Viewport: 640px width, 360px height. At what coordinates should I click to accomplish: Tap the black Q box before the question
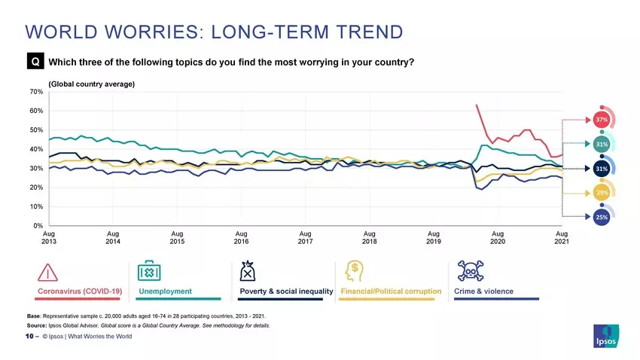[x=35, y=62]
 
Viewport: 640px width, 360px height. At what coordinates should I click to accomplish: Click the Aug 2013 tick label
[x=48, y=238]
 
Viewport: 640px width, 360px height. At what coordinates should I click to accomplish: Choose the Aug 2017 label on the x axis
[x=305, y=238]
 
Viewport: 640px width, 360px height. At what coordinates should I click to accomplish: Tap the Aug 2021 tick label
[x=562, y=238]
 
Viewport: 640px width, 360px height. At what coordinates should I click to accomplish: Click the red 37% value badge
[x=602, y=120]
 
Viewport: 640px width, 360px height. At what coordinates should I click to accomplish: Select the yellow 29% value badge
[x=602, y=194]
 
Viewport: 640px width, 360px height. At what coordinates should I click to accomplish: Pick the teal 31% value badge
[x=602, y=144]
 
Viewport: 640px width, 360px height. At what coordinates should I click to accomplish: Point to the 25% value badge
[x=602, y=218]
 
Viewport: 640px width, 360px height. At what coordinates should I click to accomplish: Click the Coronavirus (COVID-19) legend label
[x=80, y=291]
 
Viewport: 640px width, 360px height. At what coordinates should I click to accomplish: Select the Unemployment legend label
[x=166, y=291]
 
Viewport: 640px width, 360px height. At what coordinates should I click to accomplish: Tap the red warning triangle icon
[x=47, y=272]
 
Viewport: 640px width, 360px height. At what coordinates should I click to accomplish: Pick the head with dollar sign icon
[x=353, y=271]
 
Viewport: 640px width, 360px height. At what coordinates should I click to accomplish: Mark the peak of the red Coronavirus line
[x=476, y=105]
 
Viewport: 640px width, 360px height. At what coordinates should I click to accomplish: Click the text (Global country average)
[x=91, y=84]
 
